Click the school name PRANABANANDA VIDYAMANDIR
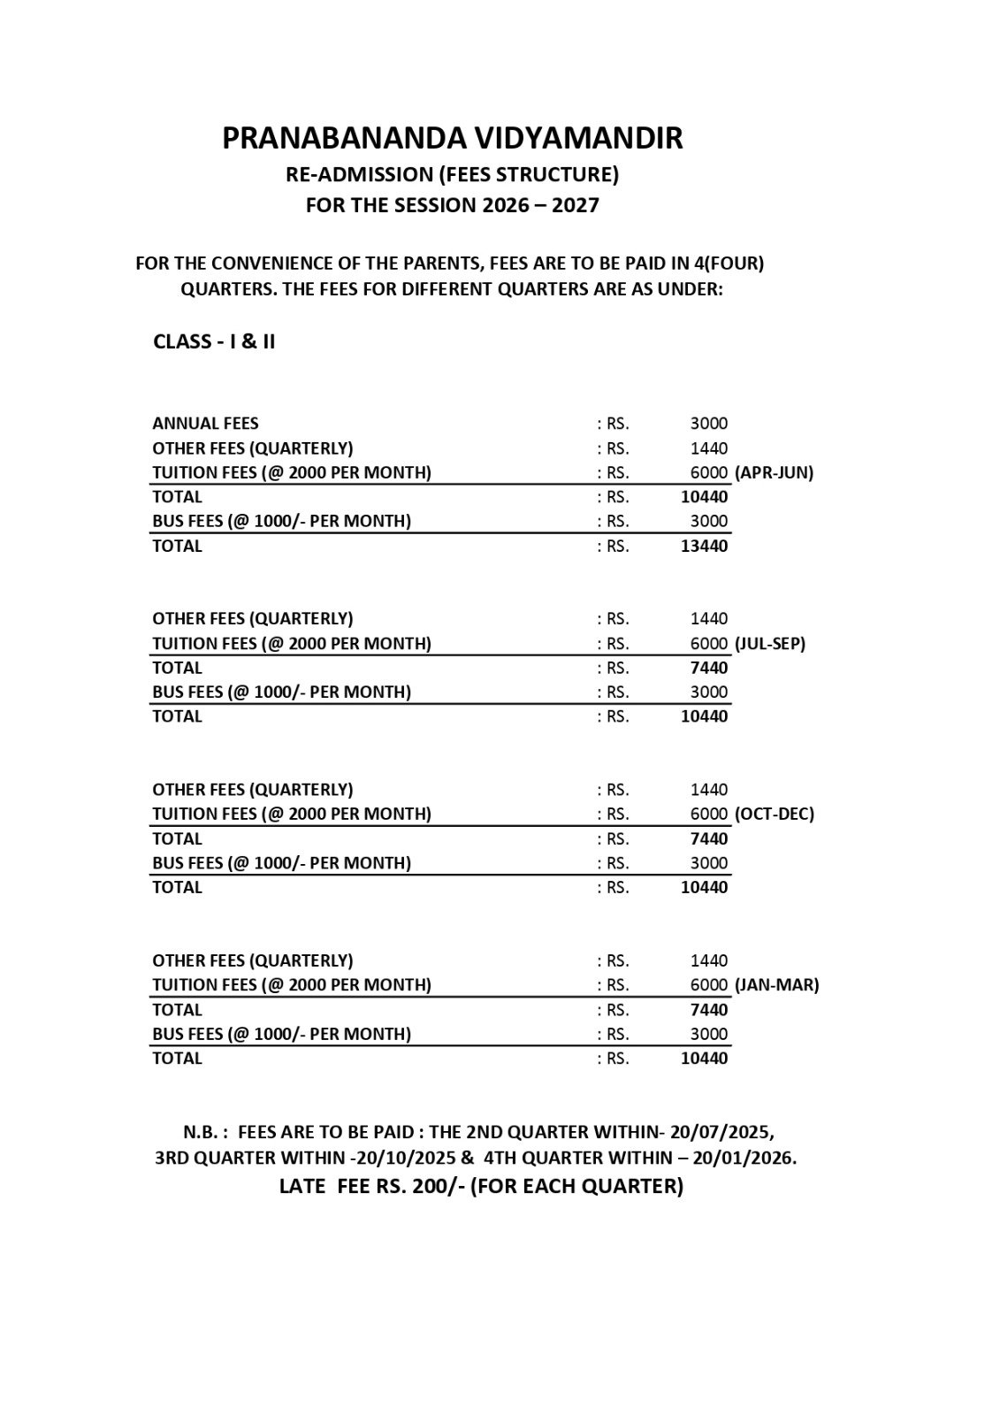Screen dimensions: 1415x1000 452,139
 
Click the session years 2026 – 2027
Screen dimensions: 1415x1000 540,205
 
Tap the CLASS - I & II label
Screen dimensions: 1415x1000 214,342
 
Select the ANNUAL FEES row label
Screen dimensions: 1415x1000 205,424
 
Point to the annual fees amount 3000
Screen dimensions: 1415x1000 709,424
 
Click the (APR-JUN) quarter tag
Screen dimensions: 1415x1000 774,472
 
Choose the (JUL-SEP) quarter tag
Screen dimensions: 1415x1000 770,644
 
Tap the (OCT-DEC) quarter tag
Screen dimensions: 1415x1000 774,814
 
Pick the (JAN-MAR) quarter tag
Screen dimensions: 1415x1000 776,984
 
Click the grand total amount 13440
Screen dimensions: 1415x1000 704,546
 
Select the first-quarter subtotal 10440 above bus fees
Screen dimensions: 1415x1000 704,497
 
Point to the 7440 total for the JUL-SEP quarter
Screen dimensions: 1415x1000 709,668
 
